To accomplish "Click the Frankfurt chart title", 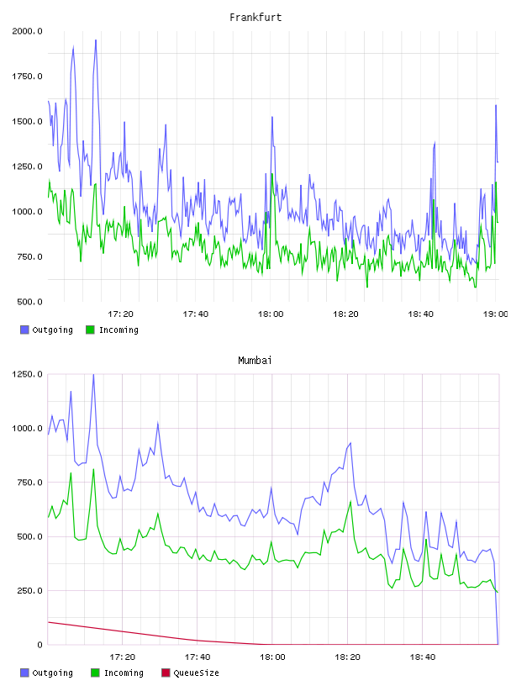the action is [x=255, y=18].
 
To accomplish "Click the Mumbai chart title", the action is [x=255, y=361].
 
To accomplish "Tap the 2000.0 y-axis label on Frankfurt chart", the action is [x=27, y=31].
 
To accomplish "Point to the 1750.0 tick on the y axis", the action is [x=27, y=77].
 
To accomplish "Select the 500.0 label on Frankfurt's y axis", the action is [x=29, y=302].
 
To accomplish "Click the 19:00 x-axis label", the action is [x=495, y=314].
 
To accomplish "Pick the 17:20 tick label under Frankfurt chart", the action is [x=121, y=314].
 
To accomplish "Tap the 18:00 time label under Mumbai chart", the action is [x=272, y=657].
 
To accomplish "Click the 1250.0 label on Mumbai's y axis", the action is [x=27, y=374].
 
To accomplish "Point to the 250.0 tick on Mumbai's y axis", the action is [x=29, y=591].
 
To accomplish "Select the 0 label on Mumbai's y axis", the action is [x=40, y=645].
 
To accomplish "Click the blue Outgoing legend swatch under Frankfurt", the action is [x=24, y=330].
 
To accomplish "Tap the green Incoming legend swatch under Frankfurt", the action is [x=90, y=330].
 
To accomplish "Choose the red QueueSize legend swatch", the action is [x=166, y=673].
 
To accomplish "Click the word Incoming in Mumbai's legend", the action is [x=124, y=673].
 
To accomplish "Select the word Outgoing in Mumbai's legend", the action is [x=52, y=673].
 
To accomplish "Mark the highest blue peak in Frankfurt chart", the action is [x=96, y=40].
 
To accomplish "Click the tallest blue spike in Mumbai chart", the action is [x=93, y=375].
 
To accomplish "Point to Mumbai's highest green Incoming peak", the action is [x=93, y=469].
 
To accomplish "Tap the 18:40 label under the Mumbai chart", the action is [x=423, y=657].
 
